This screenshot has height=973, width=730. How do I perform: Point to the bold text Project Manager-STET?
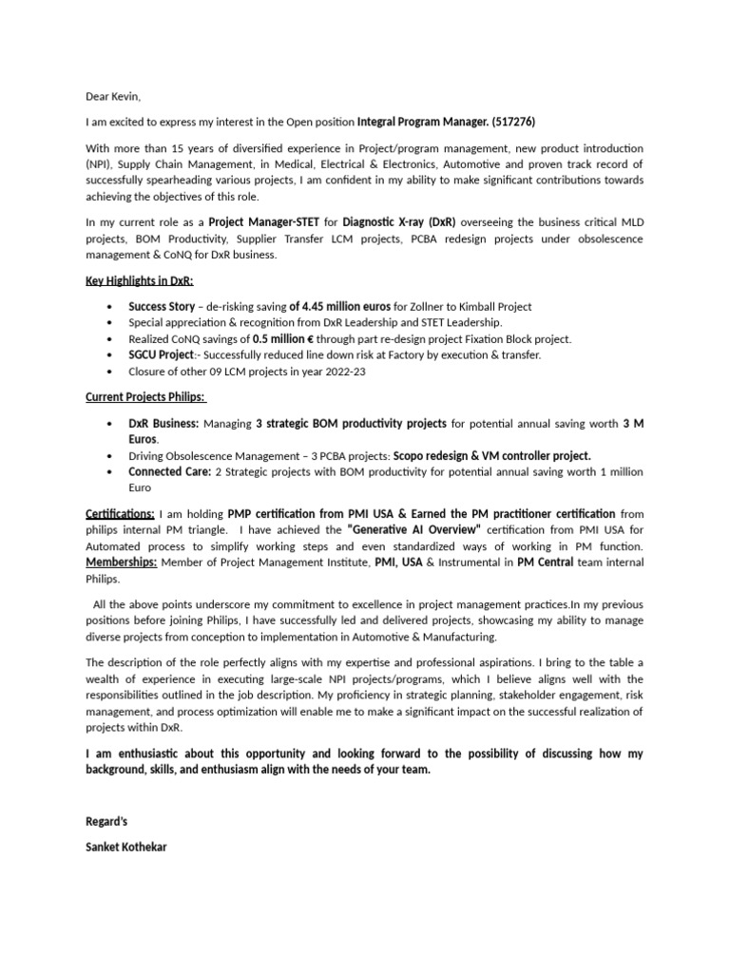coord(265,221)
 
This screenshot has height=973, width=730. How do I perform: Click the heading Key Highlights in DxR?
coord(140,281)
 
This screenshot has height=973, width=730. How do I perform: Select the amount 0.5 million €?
coord(291,339)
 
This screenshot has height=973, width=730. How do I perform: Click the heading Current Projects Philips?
coord(145,397)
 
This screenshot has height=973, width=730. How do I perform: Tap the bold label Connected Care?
coord(170,471)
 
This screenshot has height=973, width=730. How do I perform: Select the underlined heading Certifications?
coord(121,514)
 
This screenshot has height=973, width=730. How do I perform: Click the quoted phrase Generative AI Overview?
coord(414,530)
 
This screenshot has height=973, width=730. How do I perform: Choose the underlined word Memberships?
coord(122,563)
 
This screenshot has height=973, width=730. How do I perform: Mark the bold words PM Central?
coord(545,563)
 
